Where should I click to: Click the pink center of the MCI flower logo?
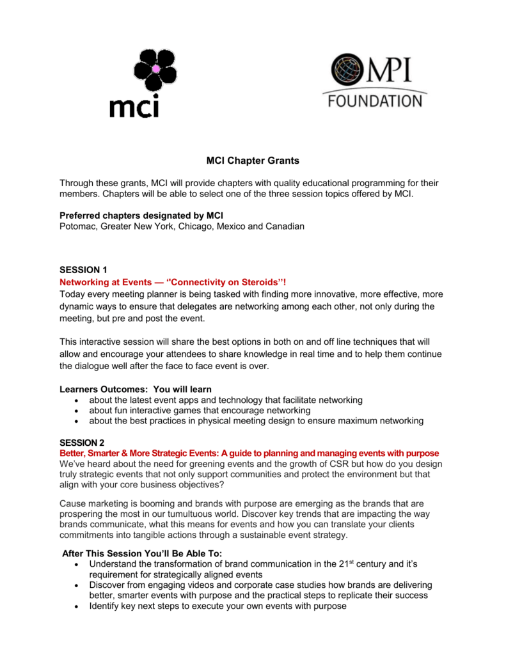pyautogui.click(x=154, y=68)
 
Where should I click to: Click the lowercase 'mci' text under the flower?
pyautogui.click(x=134, y=105)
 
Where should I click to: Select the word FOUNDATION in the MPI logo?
pyautogui.click(x=375, y=101)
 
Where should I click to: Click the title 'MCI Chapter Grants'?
pyautogui.click(x=253, y=161)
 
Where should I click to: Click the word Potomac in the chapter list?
pyautogui.click(x=78, y=226)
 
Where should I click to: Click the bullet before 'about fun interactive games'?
pyautogui.click(x=77, y=411)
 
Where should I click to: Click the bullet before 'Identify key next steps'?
pyautogui.click(x=77, y=606)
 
